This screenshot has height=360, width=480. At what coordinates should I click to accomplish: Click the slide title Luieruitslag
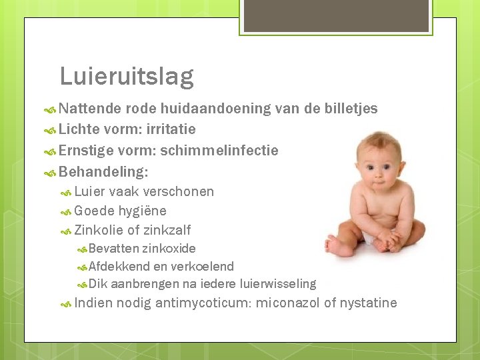tap(127, 77)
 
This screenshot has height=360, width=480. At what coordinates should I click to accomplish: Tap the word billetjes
tap(350, 109)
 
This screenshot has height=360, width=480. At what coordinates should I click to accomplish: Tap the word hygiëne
tap(142, 211)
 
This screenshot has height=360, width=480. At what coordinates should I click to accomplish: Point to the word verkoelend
tap(203, 267)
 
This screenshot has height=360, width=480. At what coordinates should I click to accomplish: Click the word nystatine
tap(368, 303)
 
